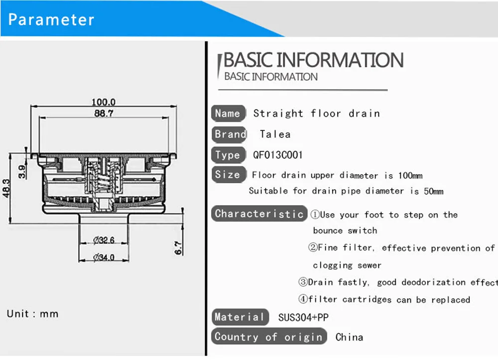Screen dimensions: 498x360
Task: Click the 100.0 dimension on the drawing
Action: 104,102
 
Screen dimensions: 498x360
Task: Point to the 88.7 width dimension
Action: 104,113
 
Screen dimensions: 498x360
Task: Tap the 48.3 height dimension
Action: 6,188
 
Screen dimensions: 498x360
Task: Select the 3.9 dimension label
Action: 22,171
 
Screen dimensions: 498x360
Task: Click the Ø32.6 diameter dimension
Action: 104,240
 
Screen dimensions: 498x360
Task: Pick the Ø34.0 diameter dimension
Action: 104,257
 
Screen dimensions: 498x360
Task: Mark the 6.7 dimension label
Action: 178,248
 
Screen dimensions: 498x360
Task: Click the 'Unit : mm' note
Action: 33,314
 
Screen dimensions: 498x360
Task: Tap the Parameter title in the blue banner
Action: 51,19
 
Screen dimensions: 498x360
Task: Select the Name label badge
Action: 229,114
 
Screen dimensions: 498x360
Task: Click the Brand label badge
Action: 229,134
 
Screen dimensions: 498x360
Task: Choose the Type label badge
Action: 229,155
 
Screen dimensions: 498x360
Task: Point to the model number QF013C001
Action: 277,155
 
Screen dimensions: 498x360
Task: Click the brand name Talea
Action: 275,134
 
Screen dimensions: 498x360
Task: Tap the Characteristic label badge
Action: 259,214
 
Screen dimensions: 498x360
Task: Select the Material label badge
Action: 240,317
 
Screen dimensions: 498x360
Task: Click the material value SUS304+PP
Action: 303,318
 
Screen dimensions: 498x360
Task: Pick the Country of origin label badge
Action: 269,337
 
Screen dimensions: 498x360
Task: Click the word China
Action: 349,337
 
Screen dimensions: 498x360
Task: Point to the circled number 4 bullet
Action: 303,299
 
